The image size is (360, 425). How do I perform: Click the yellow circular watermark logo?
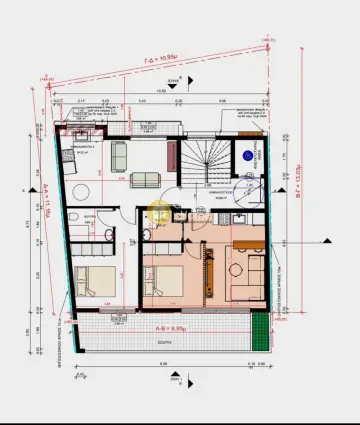pos(159,212)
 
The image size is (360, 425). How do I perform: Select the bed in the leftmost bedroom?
pos(93,277)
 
